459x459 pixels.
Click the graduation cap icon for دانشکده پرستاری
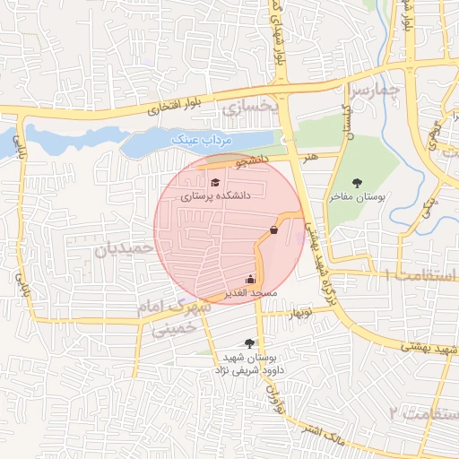pos(215,183)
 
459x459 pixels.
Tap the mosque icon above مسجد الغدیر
pos(249,279)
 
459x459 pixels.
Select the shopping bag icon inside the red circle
pos(273,230)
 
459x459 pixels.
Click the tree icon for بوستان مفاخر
pos(359,183)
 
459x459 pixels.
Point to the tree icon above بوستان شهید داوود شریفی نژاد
pos(248,342)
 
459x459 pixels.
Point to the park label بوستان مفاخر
pos(359,197)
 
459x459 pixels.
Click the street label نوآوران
pos(272,395)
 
